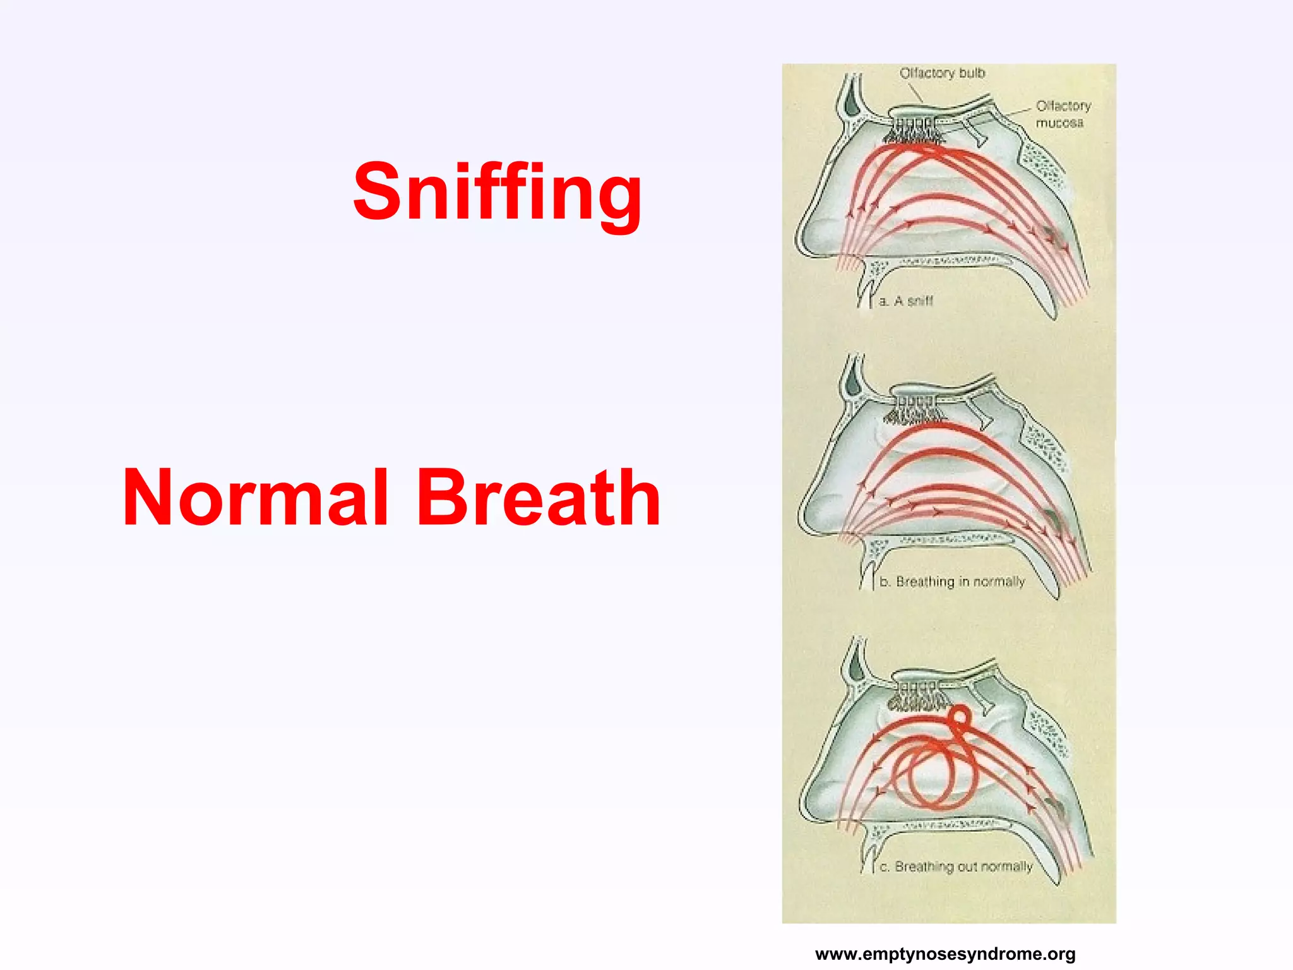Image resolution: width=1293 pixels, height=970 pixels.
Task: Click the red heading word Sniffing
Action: pyautogui.click(x=498, y=192)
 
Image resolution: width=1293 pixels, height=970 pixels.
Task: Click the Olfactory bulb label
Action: pyautogui.click(x=942, y=73)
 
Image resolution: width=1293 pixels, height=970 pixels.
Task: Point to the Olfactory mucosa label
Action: pyautogui.click(x=1063, y=114)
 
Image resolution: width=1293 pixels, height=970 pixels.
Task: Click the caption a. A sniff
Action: pyautogui.click(x=905, y=301)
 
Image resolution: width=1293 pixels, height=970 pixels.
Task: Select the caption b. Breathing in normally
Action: pyautogui.click(x=951, y=582)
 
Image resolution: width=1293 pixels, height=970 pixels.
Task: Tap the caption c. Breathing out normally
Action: pyautogui.click(x=956, y=866)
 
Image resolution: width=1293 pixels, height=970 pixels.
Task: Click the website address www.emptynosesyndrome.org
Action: pyautogui.click(x=945, y=954)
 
